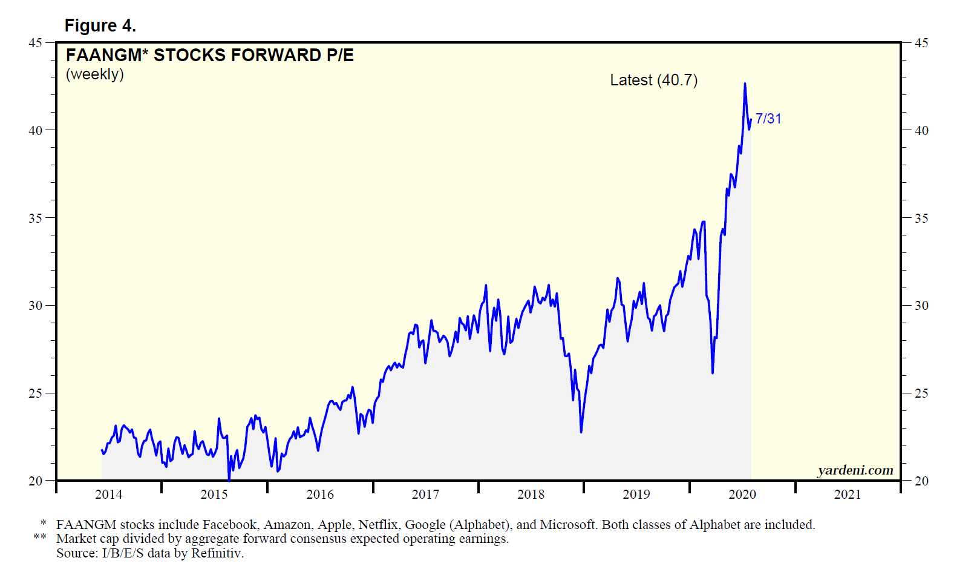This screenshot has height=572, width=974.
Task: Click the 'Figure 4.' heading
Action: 100,25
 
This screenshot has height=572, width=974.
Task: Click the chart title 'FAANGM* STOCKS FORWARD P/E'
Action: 209,55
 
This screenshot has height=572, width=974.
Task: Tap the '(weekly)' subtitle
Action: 94,74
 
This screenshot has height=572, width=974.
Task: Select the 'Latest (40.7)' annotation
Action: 653,80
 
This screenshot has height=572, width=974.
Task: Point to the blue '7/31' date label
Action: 768,119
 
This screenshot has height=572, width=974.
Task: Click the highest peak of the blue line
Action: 745,84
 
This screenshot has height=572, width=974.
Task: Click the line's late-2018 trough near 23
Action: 581,432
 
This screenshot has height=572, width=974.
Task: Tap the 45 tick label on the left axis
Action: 35,43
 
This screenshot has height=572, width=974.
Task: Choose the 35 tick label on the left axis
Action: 35,218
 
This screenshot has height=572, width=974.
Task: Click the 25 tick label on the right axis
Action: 921,393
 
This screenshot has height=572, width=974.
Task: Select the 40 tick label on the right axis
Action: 921,131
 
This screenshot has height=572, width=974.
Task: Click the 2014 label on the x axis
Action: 108,495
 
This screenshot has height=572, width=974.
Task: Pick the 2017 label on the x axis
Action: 425,495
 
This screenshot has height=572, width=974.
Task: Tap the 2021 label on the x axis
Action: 847,495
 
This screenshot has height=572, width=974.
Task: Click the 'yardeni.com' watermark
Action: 855,470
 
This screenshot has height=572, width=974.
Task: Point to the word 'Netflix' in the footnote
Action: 378,525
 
